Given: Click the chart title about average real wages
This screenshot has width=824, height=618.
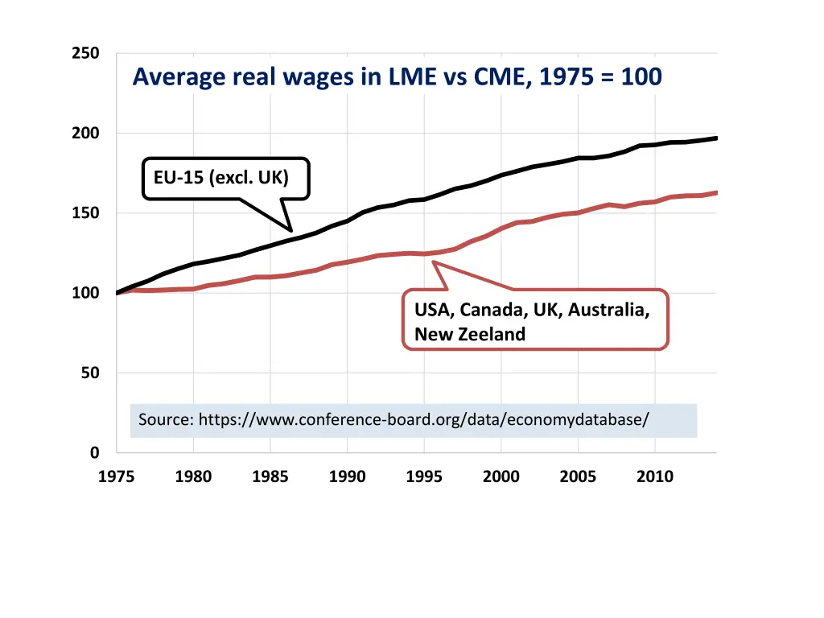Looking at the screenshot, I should [x=397, y=77].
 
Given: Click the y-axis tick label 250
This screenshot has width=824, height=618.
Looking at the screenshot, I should [x=85, y=54].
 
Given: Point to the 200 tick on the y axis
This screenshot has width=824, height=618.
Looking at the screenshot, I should [x=85, y=134].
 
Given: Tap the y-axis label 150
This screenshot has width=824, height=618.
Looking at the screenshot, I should [x=85, y=213].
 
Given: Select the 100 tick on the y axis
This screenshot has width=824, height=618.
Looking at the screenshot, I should [x=85, y=293].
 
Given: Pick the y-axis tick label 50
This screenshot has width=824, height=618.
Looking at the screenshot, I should [x=89, y=373].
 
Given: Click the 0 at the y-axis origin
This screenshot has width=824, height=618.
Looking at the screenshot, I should [x=94, y=453].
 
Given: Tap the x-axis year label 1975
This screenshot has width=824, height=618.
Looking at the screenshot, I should [x=116, y=477].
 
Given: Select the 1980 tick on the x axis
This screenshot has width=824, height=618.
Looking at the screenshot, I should [x=193, y=477].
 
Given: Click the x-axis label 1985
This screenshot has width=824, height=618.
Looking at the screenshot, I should [x=270, y=477].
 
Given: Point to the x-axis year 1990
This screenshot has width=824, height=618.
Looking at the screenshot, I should [x=347, y=477].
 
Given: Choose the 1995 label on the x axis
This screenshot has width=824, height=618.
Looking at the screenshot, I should [x=424, y=477].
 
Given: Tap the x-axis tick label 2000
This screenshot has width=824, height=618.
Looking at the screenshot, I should [x=501, y=477].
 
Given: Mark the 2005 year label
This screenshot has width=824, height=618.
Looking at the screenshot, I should [x=578, y=477].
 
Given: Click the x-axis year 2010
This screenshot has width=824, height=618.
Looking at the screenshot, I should [x=655, y=477].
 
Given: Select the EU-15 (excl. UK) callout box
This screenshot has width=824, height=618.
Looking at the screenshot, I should [x=225, y=178].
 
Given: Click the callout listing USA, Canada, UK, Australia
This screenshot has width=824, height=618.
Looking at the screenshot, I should [x=535, y=319].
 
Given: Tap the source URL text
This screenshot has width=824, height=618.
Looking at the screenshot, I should [x=393, y=420].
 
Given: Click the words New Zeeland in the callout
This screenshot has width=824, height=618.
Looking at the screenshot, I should [x=470, y=335].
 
